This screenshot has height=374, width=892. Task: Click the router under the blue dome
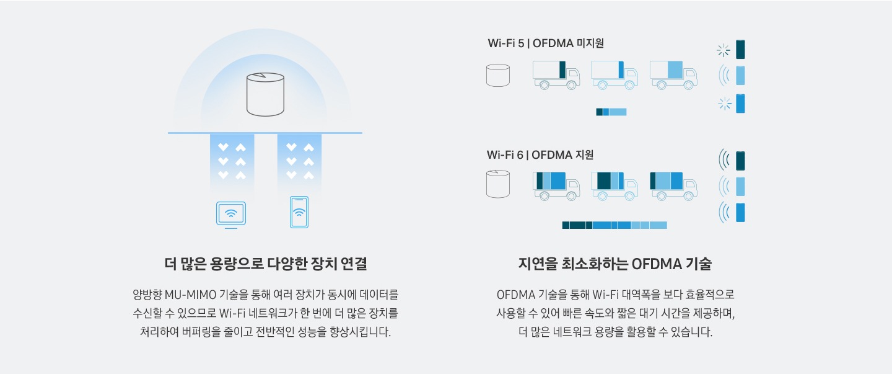[x=265, y=94]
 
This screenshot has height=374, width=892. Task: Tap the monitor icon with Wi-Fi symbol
[x=230, y=214]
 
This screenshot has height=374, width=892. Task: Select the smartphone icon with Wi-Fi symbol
[x=299, y=212]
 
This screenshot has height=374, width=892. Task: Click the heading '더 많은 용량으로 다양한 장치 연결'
[x=266, y=264]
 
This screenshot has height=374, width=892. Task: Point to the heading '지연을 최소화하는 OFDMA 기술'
[x=615, y=264]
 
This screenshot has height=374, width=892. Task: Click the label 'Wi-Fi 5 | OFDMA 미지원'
[x=546, y=43]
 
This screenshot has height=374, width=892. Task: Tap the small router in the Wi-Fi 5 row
[x=498, y=75]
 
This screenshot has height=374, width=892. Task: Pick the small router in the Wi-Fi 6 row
[x=498, y=184]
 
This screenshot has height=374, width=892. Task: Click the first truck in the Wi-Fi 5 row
[x=556, y=74]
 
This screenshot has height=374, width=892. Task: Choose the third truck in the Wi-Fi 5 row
[x=673, y=74]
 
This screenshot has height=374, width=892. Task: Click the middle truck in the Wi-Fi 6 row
[x=614, y=185]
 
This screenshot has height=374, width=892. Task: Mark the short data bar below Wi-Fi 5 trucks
[x=611, y=112]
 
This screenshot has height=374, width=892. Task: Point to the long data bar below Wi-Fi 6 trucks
[x=614, y=225]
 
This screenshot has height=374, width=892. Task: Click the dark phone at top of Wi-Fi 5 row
[x=740, y=50]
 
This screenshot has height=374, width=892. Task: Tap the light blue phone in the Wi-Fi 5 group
[x=740, y=75]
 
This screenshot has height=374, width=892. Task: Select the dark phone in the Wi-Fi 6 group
[x=740, y=161]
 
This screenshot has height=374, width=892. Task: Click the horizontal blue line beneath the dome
[x=265, y=133]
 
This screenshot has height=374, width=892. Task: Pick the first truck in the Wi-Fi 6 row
[x=556, y=185]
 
